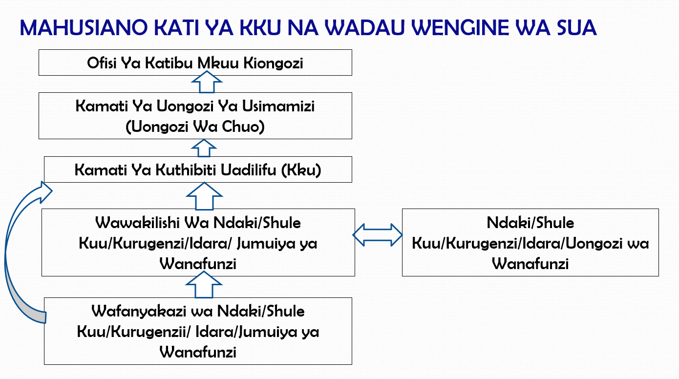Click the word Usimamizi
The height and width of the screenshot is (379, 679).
click(278, 106)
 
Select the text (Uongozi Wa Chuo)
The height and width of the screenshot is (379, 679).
click(195, 126)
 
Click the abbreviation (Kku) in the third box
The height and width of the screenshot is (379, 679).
click(301, 170)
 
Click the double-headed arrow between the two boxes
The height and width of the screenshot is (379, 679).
click(378, 235)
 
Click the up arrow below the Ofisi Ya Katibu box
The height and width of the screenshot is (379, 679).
click(207, 82)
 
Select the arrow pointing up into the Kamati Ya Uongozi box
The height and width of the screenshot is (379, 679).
click(204, 148)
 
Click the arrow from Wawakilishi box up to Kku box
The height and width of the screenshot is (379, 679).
click(204, 196)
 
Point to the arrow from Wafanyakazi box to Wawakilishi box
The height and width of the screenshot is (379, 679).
click(204, 285)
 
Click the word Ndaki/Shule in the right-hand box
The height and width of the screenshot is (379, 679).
click(530, 223)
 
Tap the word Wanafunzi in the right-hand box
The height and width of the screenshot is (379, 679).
click(530, 264)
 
